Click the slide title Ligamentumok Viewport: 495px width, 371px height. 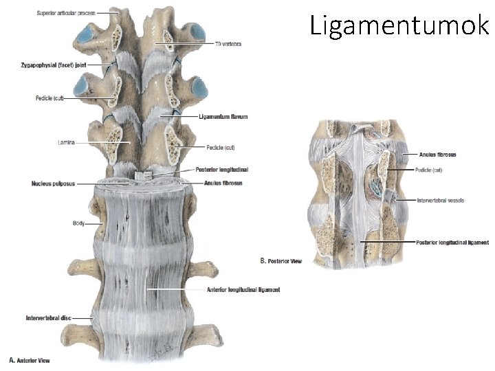click(x=399, y=25)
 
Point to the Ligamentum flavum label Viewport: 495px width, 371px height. click(x=223, y=117)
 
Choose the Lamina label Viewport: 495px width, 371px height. click(x=67, y=142)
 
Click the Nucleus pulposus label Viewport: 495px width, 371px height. click(x=52, y=183)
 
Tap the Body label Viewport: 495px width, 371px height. click(x=78, y=223)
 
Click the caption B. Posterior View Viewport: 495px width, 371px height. click(x=281, y=261)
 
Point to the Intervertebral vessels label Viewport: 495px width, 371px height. click(x=440, y=201)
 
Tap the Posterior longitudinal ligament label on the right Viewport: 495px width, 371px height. click(x=453, y=243)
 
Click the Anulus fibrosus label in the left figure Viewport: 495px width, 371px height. click(x=223, y=183)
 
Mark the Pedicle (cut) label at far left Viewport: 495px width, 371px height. click(x=49, y=98)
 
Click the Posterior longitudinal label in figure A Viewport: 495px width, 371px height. click(x=222, y=169)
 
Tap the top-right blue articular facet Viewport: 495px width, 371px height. click(x=197, y=32)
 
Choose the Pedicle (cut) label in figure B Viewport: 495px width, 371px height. click(x=431, y=169)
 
